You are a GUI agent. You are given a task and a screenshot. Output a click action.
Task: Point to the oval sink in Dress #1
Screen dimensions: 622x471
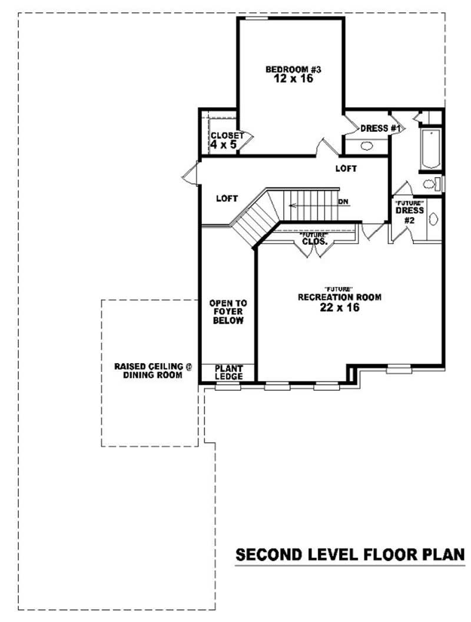coord(367,146)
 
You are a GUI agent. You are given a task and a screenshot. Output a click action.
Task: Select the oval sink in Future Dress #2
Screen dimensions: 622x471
coord(434,219)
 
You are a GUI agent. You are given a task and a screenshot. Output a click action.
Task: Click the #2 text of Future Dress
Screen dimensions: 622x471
coord(410,219)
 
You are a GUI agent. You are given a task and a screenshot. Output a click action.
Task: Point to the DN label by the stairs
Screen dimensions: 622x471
coord(343,202)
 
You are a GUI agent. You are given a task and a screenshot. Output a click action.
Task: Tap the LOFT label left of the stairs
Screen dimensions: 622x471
coord(227,198)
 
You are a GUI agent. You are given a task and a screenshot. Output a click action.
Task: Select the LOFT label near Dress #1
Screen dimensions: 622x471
coord(346,168)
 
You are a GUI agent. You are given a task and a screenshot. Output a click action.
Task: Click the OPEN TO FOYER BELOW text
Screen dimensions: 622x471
coord(228,312)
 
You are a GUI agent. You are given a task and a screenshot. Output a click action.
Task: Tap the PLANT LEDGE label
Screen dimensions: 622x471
coord(228,372)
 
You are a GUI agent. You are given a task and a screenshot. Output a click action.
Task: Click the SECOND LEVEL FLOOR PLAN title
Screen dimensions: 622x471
coord(351,555)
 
